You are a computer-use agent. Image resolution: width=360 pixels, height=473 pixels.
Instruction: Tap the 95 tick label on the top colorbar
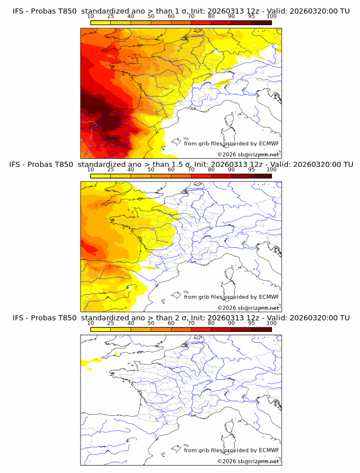pyautogui.click(x=251, y=16)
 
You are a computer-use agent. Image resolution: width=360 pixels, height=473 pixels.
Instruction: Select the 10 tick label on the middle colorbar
pyautogui.click(x=90, y=170)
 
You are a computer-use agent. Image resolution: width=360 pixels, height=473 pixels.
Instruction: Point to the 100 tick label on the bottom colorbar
pyautogui.click(x=271, y=323)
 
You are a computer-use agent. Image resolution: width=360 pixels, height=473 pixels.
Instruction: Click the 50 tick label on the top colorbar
pyautogui.click(x=151, y=16)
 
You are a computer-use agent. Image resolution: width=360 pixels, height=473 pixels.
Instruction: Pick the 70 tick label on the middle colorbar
pyautogui.click(x=191, y=170)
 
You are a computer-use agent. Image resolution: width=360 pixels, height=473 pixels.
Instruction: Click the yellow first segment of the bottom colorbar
pyautogui.click(x=100, y=329)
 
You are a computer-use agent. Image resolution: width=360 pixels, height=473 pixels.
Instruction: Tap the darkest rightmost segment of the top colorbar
pyautogui.click(x=261, y=22)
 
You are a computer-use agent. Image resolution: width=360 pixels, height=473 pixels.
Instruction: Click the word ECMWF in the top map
pyautogui.click(x=269, y=143)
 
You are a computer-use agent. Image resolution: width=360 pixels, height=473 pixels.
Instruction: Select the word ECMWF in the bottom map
pyautogui.click(x=269, y=450)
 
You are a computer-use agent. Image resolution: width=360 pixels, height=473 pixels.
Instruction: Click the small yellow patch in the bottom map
pyautogui.click(x=89, y=362)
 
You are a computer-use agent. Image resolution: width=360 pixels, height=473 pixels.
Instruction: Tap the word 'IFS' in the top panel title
pyautogui.click(x=18, y=11)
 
